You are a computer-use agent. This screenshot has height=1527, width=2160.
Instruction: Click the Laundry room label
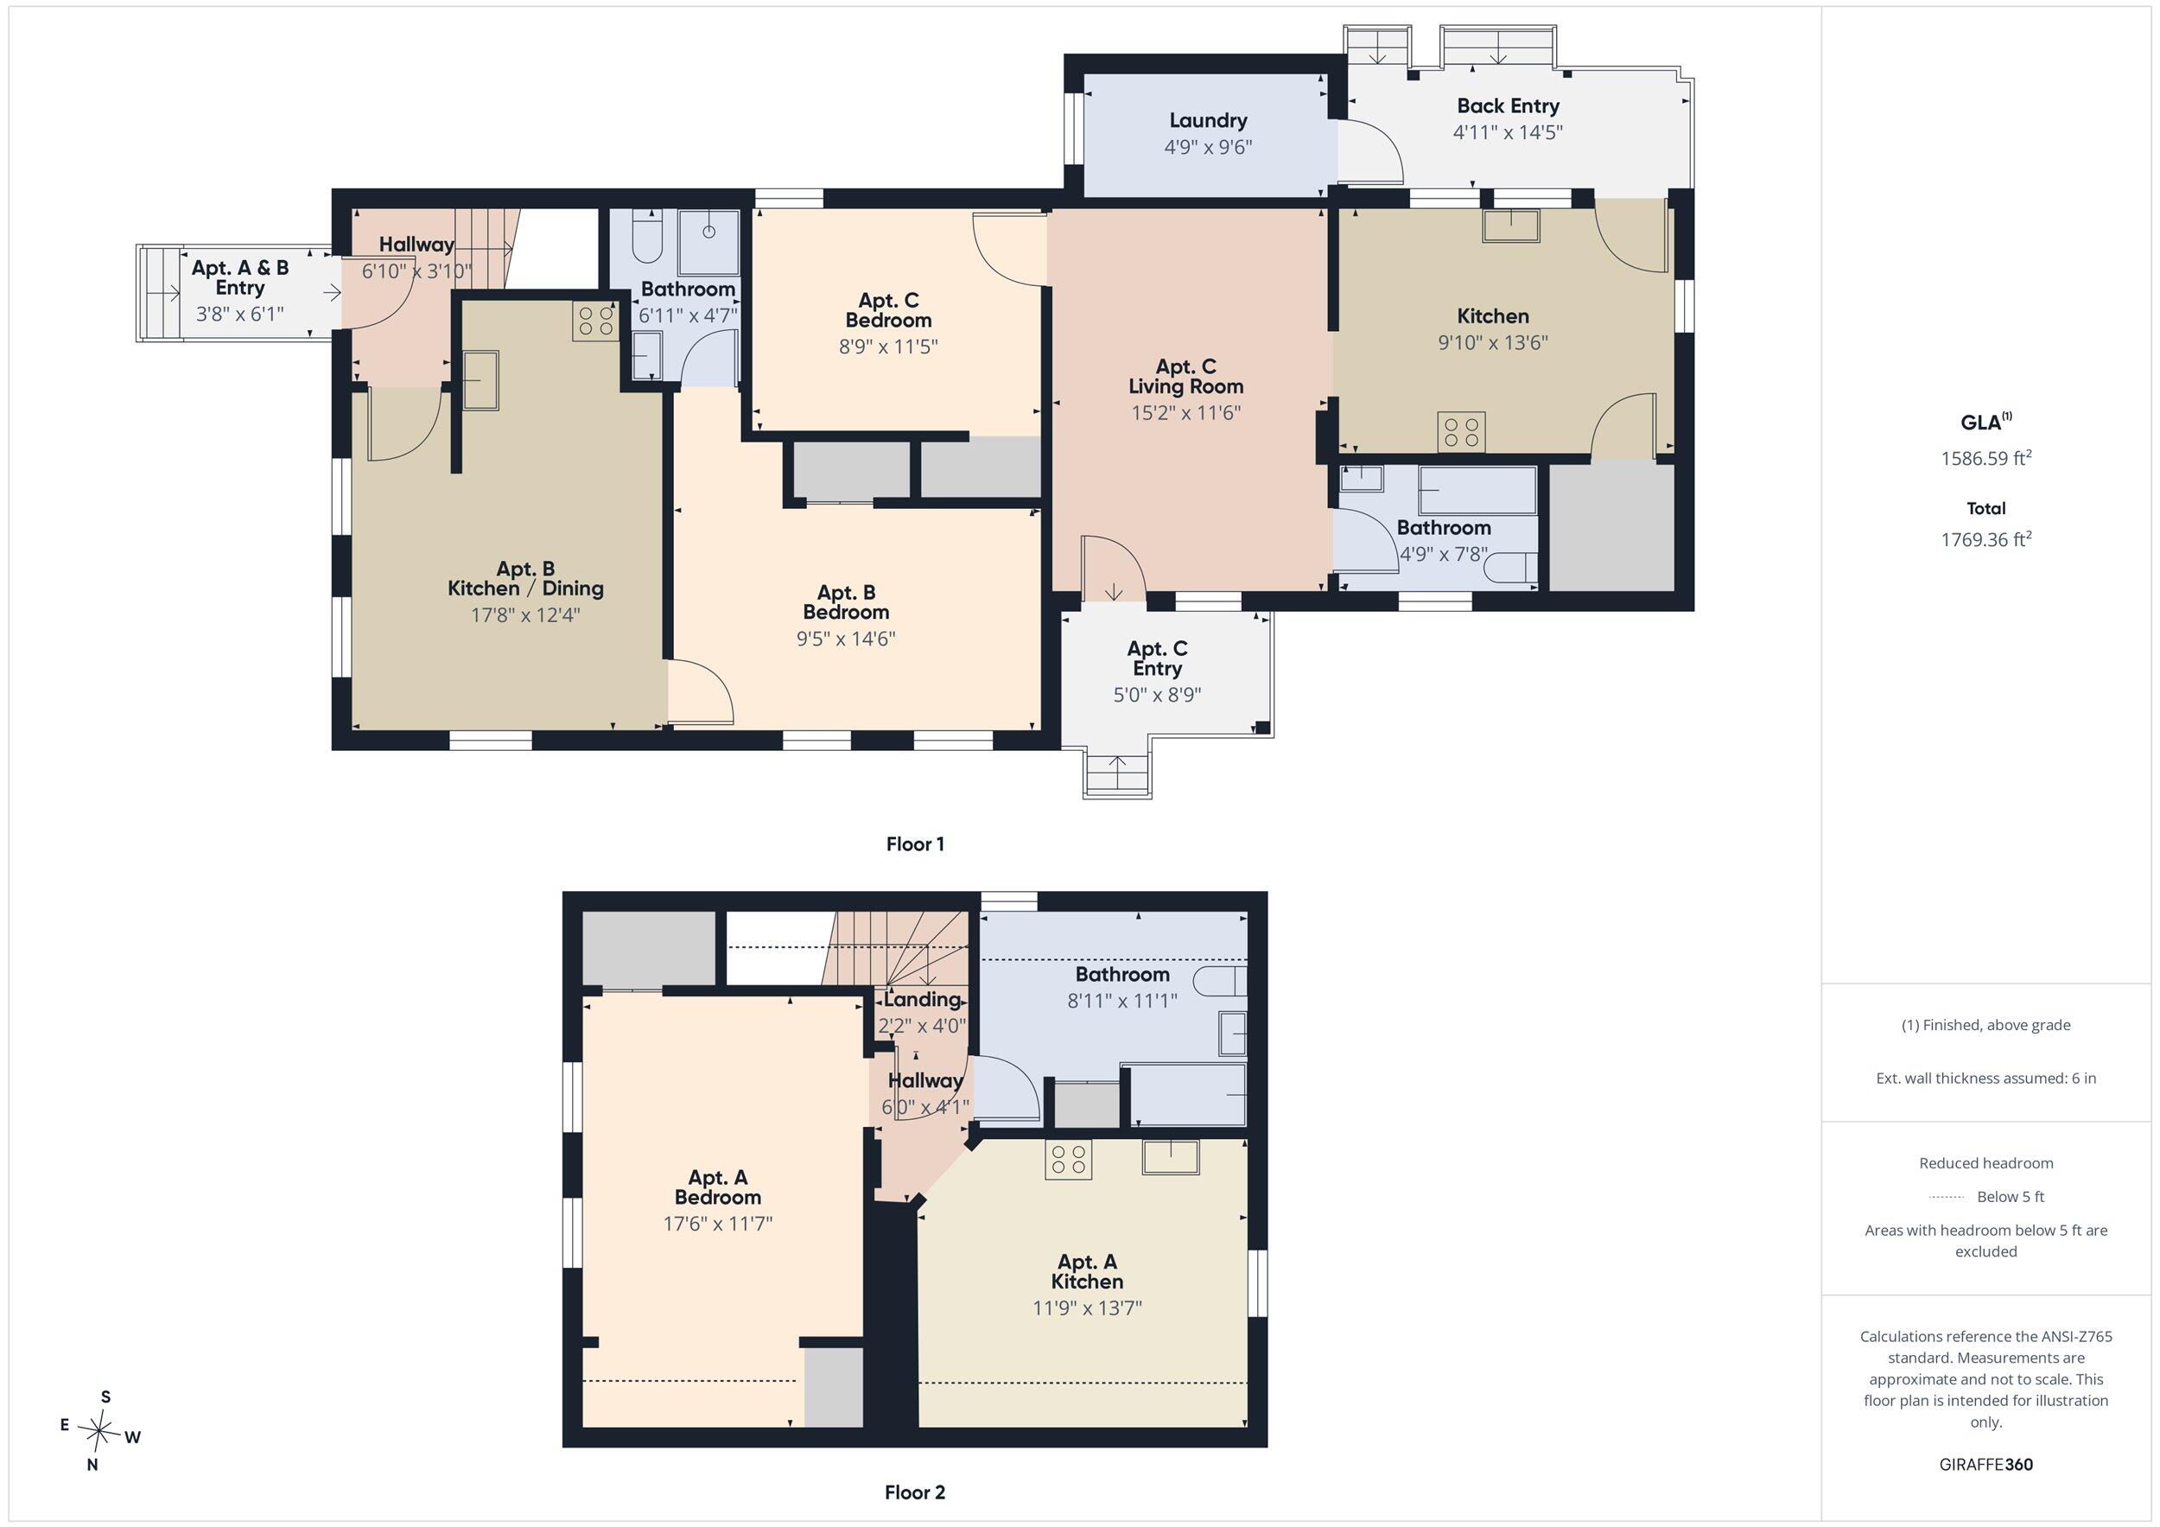(x=1208, y=120)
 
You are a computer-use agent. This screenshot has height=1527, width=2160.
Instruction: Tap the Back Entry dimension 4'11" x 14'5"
(x=1508, y=133)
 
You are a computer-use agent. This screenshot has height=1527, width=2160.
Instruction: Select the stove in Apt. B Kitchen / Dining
(x=594, y=321)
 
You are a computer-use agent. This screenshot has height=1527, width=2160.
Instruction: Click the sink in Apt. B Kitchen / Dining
(x=480, y=380)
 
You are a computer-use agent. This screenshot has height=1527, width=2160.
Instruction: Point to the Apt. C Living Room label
(x=1185, y=376)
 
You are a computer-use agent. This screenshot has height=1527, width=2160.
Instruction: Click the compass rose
(x=98, y=1431)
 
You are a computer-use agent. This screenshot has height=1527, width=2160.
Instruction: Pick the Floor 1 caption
(x=914, y=844)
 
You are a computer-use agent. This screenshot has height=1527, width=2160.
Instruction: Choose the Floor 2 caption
(x=914, y=1492)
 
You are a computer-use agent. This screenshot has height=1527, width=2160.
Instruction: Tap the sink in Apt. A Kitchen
(x=1171, y=1156)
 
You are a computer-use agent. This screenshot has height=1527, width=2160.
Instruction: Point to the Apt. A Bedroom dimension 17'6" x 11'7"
(x=718, y=1224)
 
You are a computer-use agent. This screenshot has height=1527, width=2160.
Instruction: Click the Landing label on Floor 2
(x=922, y=999)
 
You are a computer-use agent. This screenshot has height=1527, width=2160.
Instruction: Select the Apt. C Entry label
(x=1157, y=659)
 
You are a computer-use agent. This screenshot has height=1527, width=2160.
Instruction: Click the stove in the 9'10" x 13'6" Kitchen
(x=1461, y=432)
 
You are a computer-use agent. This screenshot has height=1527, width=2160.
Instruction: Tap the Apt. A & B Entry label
(x=240, y=277)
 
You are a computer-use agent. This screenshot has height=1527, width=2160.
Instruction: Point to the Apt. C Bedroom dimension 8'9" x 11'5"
(x=888, y=347)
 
